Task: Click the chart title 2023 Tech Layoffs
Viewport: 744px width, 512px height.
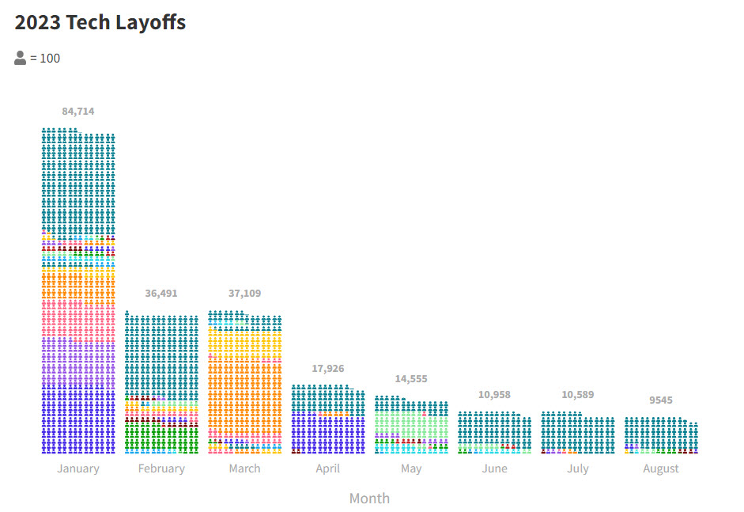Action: [x=100, y=22]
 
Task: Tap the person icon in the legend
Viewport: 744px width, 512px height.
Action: [x=21, y=58]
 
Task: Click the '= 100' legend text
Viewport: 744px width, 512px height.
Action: [x=45, y=58]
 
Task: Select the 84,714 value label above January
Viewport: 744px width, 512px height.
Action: [x=78, y=111]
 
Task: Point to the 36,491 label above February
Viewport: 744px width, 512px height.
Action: [x=161, y=293]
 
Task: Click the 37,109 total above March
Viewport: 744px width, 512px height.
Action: [x=244, y=293]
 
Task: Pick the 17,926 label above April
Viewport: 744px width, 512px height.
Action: [x=328, y=369]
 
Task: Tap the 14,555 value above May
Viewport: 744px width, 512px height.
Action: [x=411, y=379]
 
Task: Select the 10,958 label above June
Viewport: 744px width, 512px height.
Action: [x=494, y=394]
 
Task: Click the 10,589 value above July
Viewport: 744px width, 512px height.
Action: [x=578, y=394]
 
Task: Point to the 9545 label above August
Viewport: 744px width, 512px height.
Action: [x=661, y=400]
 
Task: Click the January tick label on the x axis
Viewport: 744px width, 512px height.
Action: [x=78, y=468]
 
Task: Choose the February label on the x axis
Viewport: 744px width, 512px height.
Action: [x=161, y=468]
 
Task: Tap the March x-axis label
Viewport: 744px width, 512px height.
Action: [x=244, y=468]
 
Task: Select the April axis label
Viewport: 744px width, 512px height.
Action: [x=328, y=468]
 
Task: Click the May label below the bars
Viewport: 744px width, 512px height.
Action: [x=411, y=468]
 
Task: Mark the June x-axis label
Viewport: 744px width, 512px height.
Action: [x=494, y=468]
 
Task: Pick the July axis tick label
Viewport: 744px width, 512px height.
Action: [x=578, y=468]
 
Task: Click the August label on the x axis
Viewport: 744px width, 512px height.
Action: [x=661, y=468]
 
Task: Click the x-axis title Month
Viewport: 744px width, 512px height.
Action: [x=369, y=498]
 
